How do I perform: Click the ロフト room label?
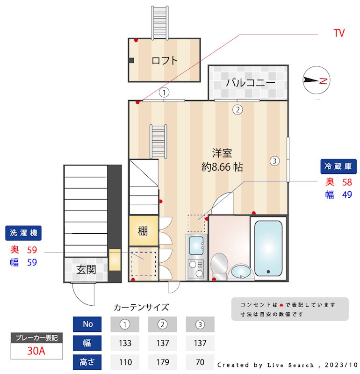pos(165,60)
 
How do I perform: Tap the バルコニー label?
pos(251,83)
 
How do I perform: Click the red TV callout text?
pos(339,33)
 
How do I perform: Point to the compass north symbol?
pos(317,80)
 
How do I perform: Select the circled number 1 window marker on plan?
pos(164,93)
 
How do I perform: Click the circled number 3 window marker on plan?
pos(274,161)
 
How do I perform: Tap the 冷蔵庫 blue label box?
pos(338,166)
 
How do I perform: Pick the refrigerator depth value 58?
pos(346,182)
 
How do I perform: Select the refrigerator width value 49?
pos(346,195)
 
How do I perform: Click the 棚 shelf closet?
pos(143,231)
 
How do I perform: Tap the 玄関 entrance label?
pos(86,270)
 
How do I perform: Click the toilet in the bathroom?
pos(219,265)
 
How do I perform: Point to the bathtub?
pos(268,248)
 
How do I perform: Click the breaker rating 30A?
pos(36,351)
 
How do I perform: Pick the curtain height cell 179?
pos(162,362)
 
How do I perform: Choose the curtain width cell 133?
pos(125,343)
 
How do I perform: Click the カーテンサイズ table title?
pos(141,307)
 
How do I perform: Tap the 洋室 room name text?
pos(222,153)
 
